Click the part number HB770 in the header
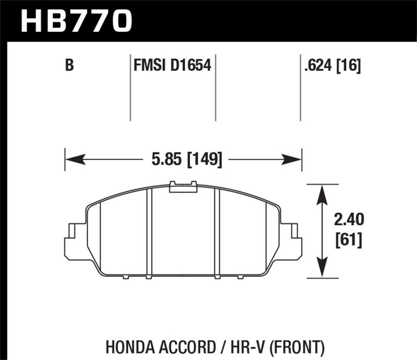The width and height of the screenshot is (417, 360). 76,20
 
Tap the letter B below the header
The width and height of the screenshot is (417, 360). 69,66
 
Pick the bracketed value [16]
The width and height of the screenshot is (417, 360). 350,66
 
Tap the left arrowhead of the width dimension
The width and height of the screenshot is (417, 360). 73,158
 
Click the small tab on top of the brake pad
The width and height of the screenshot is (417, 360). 183,186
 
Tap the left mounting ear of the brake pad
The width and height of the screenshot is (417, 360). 73,241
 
